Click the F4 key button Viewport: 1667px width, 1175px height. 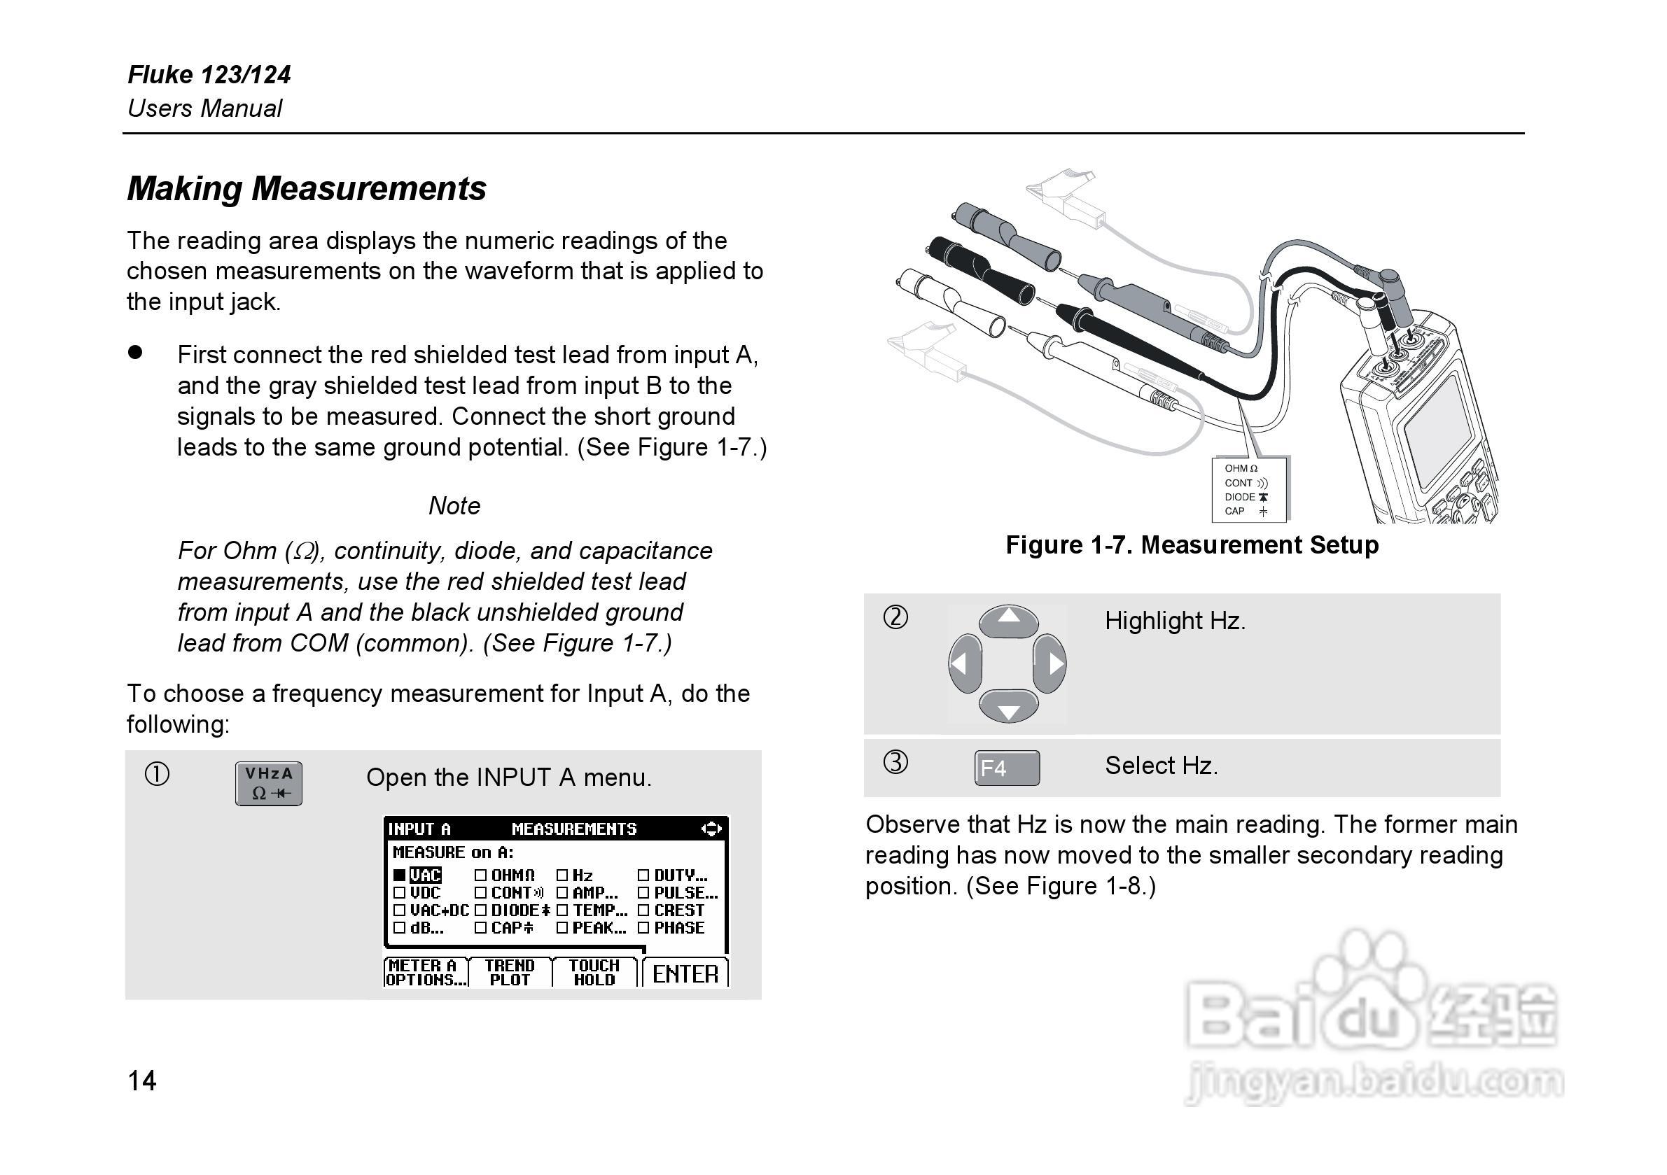1006,768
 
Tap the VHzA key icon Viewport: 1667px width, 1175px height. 269,783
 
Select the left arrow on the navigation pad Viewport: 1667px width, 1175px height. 964,663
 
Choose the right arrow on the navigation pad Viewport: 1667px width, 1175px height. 1051,663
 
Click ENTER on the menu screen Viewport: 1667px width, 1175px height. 685,974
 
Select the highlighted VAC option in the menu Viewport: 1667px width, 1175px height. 425,875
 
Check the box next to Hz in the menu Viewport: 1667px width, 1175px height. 562,875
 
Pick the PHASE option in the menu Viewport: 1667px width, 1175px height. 678,927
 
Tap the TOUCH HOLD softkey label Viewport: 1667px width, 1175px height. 594,973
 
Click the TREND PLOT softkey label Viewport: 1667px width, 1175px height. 510,973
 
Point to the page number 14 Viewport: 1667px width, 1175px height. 142,1081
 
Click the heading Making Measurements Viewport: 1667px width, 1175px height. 307,189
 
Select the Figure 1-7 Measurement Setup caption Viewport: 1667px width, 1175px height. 1192,545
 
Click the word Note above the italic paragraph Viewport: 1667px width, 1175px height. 454,506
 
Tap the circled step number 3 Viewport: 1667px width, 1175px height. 895,763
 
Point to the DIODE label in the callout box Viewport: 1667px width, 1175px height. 1239,497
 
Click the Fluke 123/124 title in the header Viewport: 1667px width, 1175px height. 209,75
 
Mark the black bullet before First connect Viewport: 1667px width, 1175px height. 135,353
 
